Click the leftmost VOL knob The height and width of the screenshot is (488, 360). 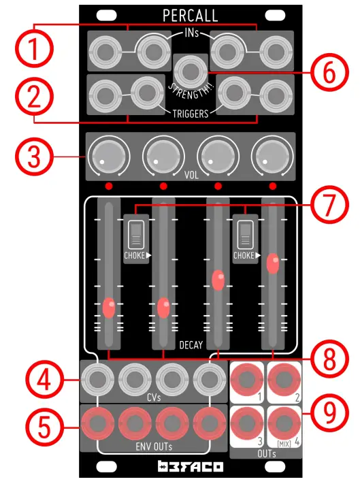[x=109, y=157]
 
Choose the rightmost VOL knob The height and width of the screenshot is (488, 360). [x=272, y=157]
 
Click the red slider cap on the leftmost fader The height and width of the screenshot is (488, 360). [x=109, y=308]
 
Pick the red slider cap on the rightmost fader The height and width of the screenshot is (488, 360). [x=273, y=263]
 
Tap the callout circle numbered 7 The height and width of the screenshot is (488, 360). [x=329, y=203]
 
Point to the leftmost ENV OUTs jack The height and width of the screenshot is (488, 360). [x=97, y=423]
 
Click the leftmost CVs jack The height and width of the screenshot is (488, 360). [x=97, y=378]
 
